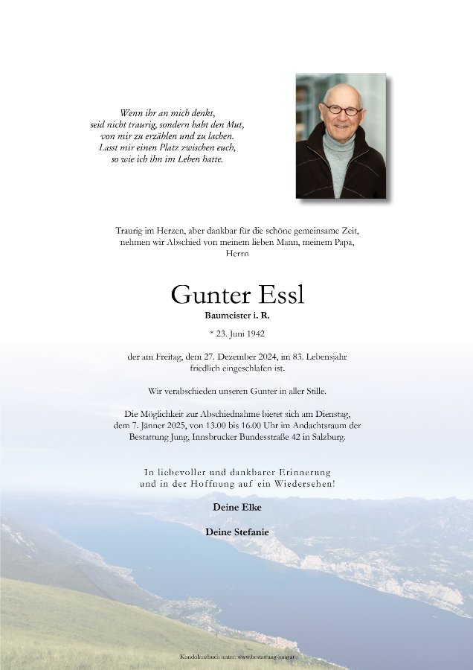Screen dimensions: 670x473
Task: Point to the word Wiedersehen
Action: pos(304,484)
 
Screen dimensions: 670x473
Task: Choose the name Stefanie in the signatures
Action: pos(249,532)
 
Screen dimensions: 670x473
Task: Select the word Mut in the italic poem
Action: pos(235,126)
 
